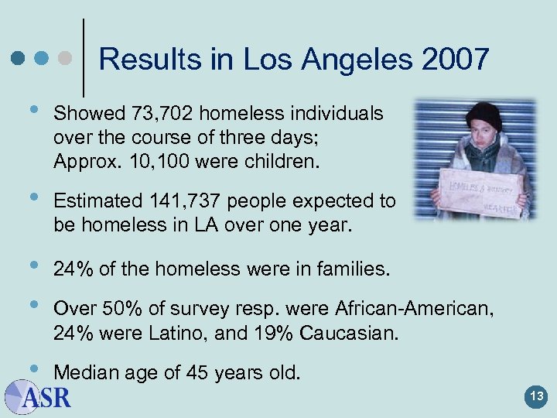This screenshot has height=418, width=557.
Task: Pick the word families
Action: tap(350, 269)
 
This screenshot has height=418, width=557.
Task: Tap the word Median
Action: tap(83, 374)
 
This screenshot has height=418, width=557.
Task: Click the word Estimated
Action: tap(96, 201)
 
